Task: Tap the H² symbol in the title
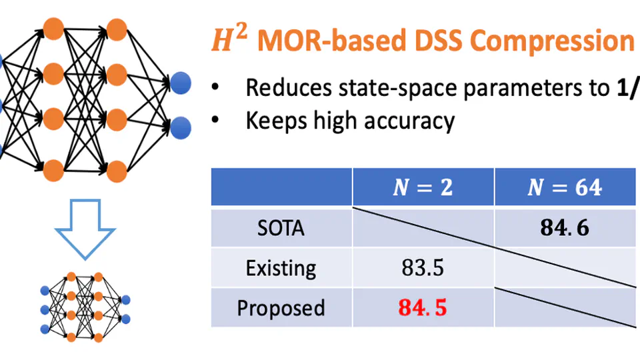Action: tap(229, 39)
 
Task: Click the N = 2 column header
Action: tap(423, 187)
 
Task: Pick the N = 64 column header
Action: tap(565, 187)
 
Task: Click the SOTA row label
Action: tap(281, 228)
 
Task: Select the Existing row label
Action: tap(281, 268)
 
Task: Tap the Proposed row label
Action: tap(281, 308)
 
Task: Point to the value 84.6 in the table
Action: tap(565, 227)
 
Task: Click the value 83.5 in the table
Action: tap(423, 268)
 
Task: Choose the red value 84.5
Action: tap(423, 307)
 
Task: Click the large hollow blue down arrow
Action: tap(85, 229)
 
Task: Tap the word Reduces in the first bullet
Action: tap(289, 88)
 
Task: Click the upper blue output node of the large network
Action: tap(181, 83)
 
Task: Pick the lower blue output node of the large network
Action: tap(181, 127)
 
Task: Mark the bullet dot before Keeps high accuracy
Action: tap(215, 119)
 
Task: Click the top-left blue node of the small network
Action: tap(45, 291)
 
